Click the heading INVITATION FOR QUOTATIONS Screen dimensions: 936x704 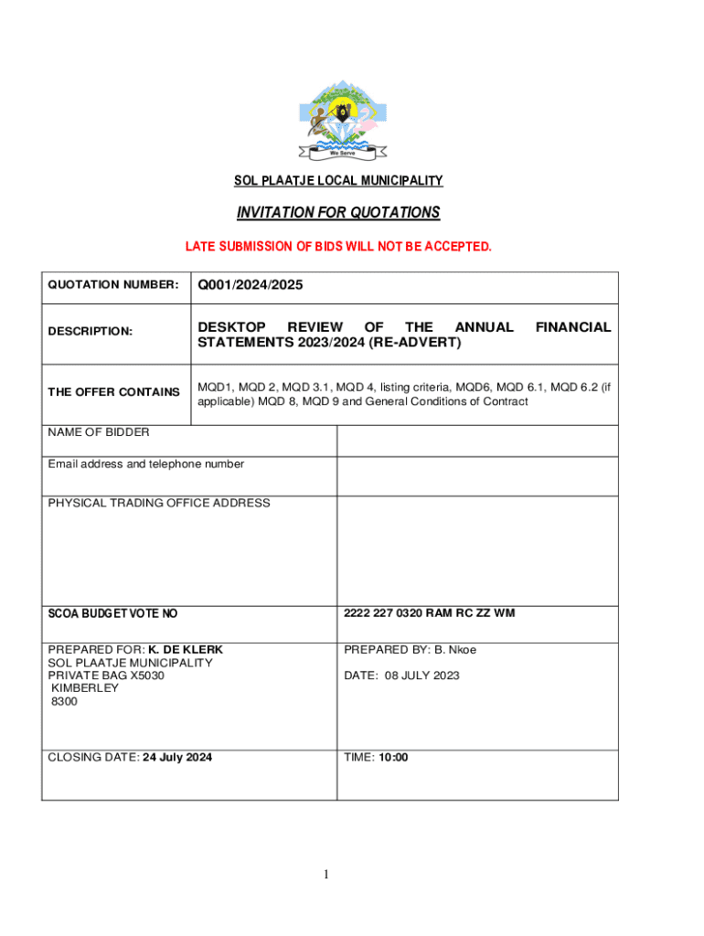coord(338,213)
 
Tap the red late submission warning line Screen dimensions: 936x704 coord(338,247)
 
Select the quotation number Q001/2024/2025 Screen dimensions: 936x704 coord(250,286)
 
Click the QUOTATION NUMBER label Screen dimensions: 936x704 coord(112,285)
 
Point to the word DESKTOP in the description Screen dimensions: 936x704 coord(231,326)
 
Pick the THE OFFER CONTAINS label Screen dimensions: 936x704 coord(113,392)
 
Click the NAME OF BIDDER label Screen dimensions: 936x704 coord(99,432)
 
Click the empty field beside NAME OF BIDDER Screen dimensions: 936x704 coord(477,441)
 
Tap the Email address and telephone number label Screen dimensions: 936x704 coord(146,464)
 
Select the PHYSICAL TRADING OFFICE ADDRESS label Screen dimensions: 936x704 coord(159,503)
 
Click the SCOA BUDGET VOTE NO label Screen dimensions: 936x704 coord(106,613)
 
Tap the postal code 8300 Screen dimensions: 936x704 coord(64,701)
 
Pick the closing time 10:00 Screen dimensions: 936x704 coord(394,757)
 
